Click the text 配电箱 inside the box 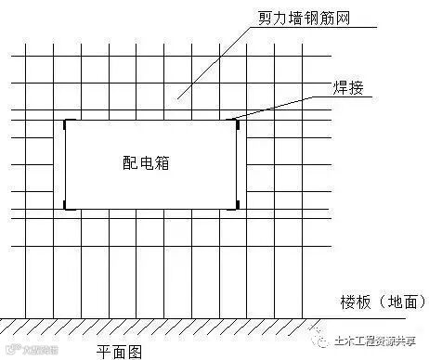coord(149,161)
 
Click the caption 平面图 coord(121,351)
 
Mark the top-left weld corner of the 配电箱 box coord(66,122)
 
